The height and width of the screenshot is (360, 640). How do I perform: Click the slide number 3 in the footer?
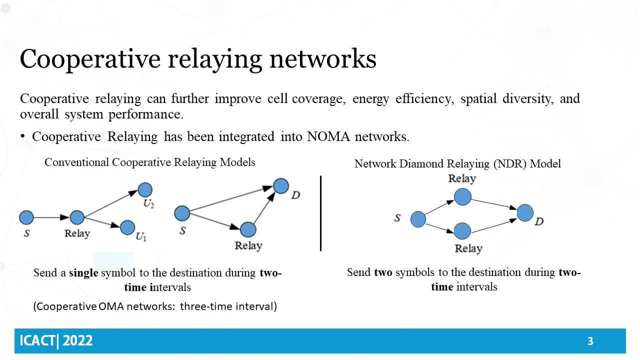point(590,341)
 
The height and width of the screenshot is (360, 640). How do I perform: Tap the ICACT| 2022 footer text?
point(56,341)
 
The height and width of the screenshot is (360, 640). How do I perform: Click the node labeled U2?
point(145,189)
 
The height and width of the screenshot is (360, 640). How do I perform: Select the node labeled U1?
point(127,227)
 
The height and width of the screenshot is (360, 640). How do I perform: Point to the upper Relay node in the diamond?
point(462,196)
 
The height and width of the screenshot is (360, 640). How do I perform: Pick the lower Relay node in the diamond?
point(462,230)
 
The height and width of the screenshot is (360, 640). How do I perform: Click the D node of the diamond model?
point(525,212)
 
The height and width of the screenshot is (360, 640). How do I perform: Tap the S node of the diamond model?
point(418,219)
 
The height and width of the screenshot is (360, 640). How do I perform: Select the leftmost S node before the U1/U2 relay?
point(26,217)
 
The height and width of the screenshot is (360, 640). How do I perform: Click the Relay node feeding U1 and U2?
point(77,217)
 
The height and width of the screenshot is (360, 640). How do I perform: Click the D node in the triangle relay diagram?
point(281,186)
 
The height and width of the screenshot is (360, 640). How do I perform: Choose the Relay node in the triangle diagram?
point(248,229)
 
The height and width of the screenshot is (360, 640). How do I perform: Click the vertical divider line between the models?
point(320,213)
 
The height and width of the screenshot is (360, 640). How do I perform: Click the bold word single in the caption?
point(83,273)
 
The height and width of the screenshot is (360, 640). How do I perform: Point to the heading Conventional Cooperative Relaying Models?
point(150,162)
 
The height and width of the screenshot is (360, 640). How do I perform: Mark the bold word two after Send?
point(382,272)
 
